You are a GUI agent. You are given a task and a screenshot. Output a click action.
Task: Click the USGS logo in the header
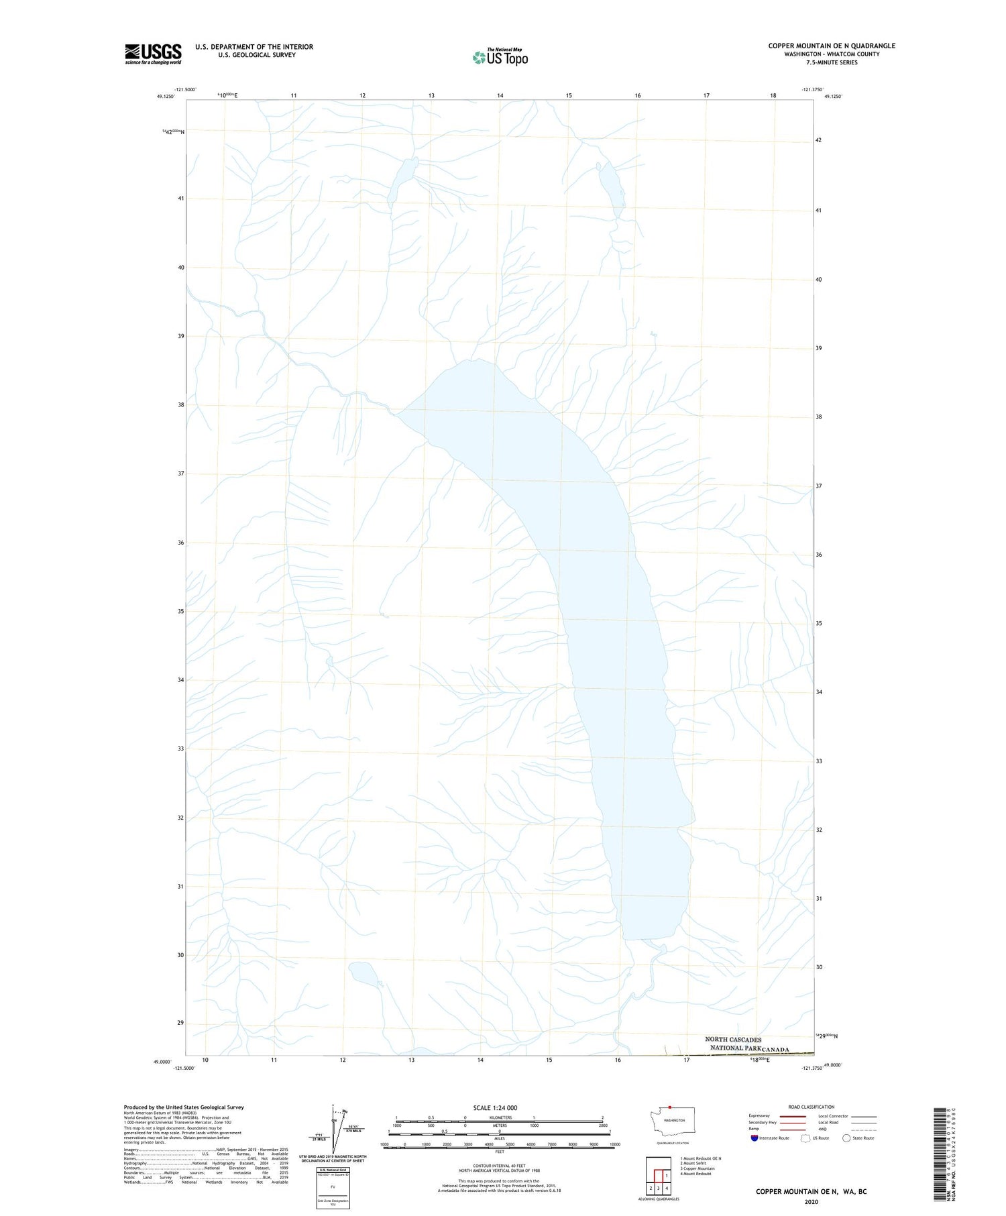153,54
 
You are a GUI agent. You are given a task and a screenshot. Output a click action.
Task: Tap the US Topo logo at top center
500,57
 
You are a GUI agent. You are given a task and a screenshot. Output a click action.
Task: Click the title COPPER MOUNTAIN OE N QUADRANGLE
832,46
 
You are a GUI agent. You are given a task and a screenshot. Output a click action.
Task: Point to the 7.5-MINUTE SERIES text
832,62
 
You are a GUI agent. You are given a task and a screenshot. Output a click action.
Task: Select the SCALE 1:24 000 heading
495,1107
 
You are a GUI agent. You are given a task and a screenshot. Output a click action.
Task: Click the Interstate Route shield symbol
754,1138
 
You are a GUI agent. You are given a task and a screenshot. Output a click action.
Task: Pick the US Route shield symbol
805,1138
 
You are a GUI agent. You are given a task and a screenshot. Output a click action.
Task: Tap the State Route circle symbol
846,1138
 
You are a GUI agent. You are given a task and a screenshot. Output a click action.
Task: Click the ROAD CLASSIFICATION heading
811,1107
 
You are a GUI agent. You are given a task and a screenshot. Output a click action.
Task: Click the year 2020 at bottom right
811,1201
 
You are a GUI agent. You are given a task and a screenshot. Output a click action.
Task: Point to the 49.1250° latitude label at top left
166,97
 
